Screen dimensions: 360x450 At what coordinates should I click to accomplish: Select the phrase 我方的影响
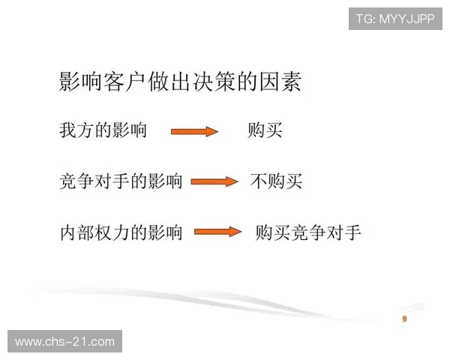(103, 130)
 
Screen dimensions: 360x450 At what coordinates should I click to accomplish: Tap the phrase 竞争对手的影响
(121, 181)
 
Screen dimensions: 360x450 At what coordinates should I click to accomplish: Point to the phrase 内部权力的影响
(121, 232)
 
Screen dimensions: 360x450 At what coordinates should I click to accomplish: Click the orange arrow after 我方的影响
(194, 131)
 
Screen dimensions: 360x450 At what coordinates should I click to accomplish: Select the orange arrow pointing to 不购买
(214, 181)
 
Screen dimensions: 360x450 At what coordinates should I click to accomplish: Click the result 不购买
(276, 181)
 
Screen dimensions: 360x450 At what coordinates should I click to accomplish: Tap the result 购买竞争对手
(308, 232)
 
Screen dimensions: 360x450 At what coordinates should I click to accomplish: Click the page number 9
(405, 319)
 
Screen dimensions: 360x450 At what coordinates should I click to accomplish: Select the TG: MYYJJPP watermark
(396, 19)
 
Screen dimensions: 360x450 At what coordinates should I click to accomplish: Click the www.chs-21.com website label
(65, 342)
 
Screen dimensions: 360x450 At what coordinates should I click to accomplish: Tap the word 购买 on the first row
(265, 130)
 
